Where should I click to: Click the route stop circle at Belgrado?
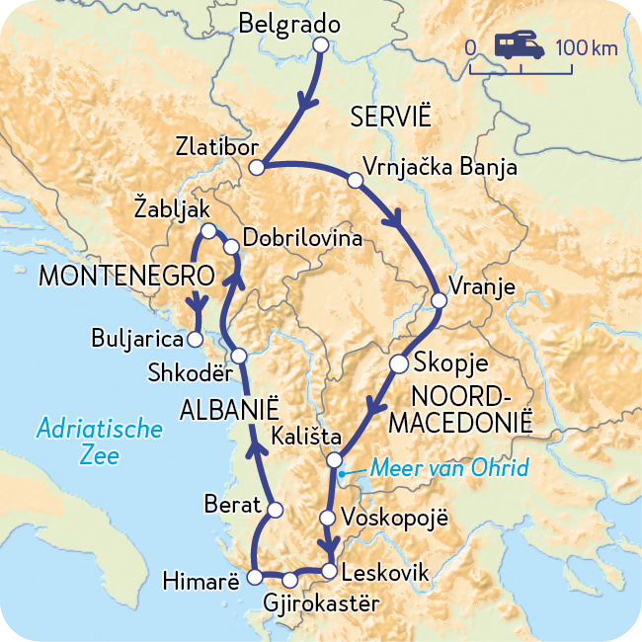pyautogui.click(x=320, y=44)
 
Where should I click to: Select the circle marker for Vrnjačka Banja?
pyautogui.click(x=355, y=180)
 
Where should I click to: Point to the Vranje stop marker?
pyautogui.click(x=440, y=299)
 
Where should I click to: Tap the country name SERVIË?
pyautogui.click(x=391, y=118)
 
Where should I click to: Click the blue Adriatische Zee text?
pyautogui.click(x=99, y=441)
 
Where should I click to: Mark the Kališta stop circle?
pyautogui.click(x=335, y=459)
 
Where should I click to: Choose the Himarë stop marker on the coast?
pyautogui.click(x=255, y=577)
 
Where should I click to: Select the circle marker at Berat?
pyautogui.click(x=276, y=510)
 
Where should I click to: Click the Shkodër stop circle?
pyautogui.click(x=238, y=357)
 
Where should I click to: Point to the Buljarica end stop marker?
pyautogui.click(x=196, y=339)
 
